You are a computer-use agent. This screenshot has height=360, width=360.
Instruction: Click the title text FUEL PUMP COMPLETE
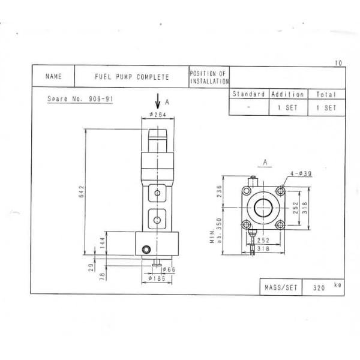pos(132,77)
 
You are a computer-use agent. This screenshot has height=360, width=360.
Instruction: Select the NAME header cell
pos(53,77)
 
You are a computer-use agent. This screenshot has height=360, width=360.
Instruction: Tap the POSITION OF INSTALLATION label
pos(208,77)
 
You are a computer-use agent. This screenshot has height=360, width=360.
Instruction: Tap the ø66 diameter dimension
pos(167,270)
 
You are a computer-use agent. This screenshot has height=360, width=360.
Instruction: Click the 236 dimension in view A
pos(220,191)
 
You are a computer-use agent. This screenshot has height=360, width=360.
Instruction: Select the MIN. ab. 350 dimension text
pos(216,232)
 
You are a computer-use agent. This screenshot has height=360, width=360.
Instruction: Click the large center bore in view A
pos(263,208)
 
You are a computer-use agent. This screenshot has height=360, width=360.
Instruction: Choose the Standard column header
pos(248,94)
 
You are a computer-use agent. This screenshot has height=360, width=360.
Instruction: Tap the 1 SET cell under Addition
pos(287,107)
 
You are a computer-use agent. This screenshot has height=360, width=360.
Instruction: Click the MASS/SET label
pos(281,287)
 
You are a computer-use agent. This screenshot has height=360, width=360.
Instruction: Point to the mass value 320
pos(319,287)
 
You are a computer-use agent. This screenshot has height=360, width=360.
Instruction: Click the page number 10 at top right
pos(339,62)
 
